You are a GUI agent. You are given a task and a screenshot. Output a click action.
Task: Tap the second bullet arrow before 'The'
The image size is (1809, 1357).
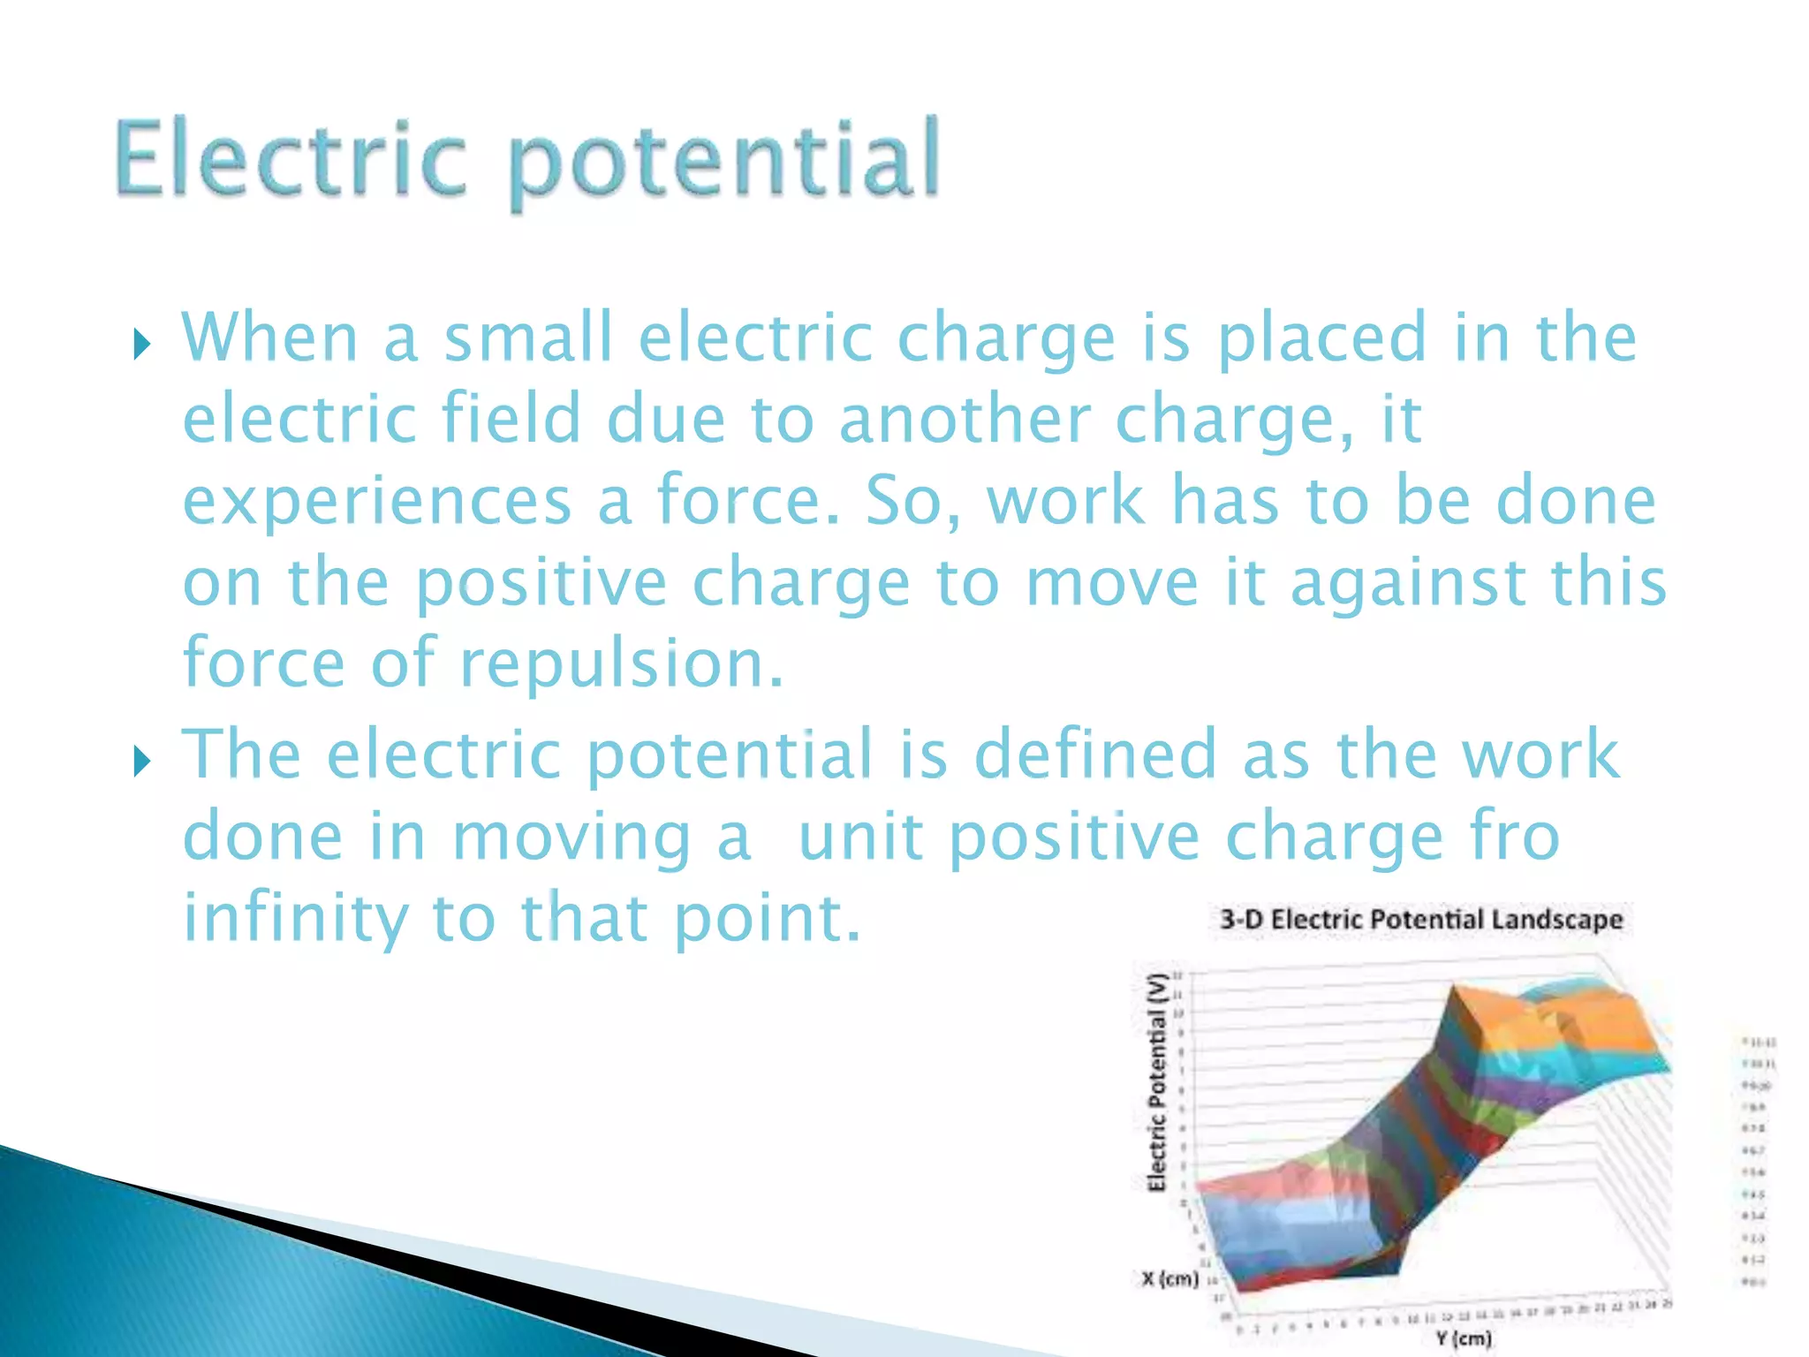point(142,760)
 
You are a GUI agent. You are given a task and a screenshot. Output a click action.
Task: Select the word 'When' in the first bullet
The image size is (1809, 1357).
point(269,337)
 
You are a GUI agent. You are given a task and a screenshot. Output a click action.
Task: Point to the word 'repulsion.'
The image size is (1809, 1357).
point(622,664)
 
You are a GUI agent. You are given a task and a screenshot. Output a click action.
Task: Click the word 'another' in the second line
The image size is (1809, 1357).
point(965,420)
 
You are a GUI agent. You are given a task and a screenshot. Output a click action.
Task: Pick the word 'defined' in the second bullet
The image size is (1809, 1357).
point(1095,755)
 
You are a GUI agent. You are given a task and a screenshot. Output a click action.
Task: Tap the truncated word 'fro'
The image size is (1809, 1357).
point(1515,837)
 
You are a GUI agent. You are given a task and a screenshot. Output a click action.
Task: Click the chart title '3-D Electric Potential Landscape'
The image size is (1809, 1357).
point(1420,920)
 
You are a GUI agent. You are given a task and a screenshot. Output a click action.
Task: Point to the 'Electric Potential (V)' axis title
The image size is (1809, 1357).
point(1157,1082)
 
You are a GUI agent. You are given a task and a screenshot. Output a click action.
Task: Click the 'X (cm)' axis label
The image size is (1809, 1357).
point(1169,1278)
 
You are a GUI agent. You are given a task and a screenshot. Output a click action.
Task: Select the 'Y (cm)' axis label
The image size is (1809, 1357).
point(1463,1338)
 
